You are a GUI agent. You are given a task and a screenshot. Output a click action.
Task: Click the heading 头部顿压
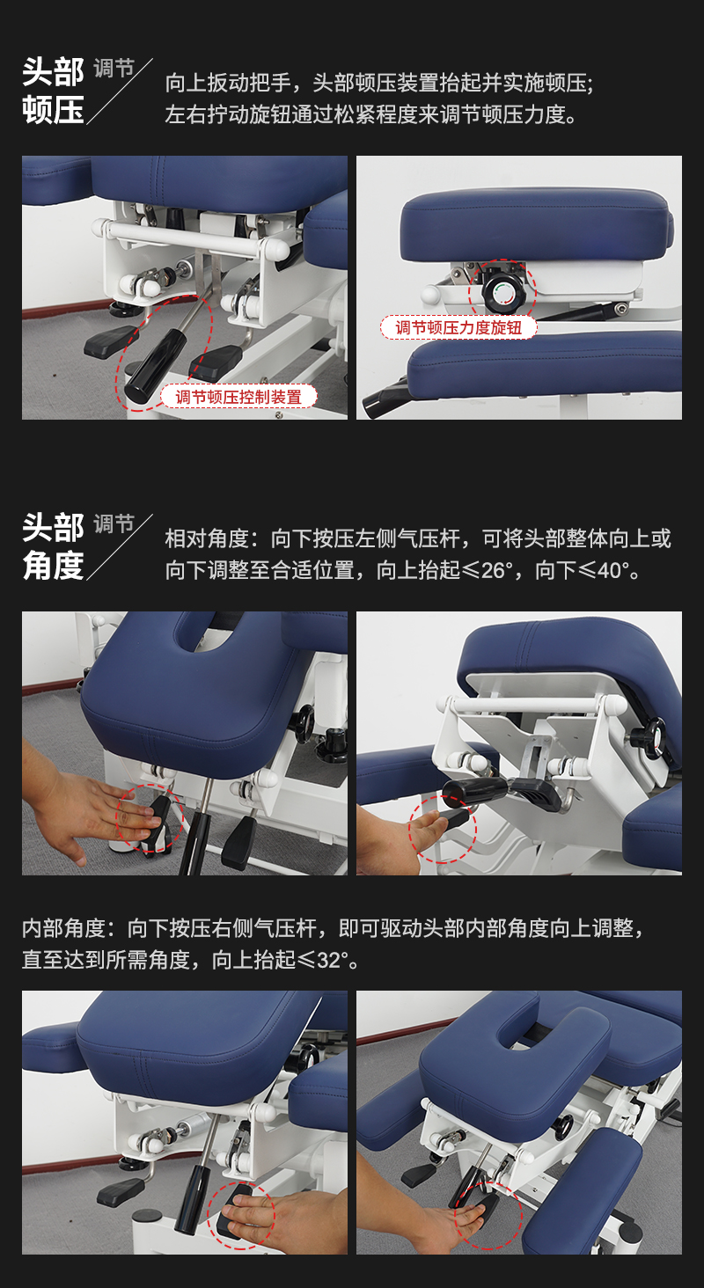point(53,91)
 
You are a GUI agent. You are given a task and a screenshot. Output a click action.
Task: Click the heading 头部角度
point(53,547)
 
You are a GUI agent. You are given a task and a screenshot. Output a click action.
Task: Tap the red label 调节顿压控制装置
point(238,397)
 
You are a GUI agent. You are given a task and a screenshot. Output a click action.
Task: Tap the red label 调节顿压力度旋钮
point(458,327)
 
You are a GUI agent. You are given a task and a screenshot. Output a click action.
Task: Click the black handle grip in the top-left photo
point(143,377)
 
